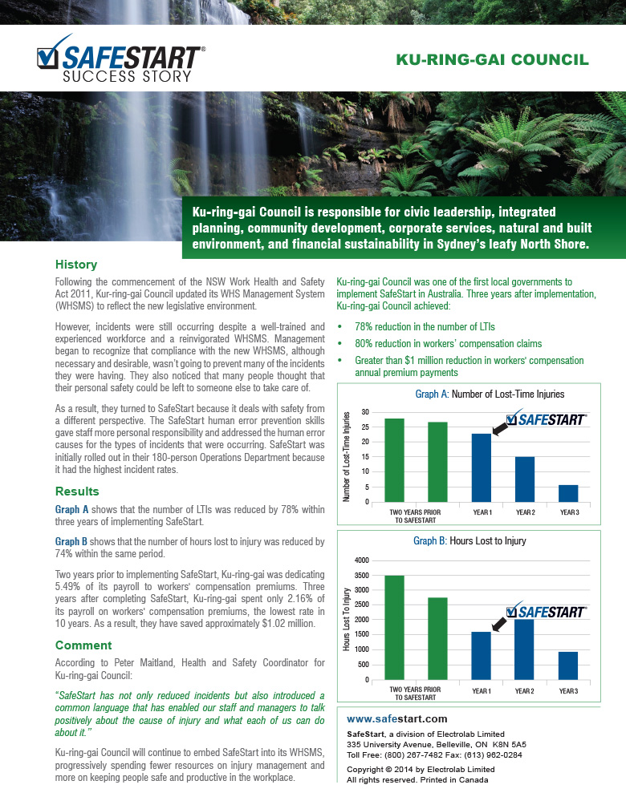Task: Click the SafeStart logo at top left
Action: (x=120, y=61)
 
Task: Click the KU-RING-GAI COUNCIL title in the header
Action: (x=493, y=60)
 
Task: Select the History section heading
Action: (x=76, y=265)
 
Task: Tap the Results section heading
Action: (x=77, y=491)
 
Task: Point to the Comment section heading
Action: (x=83, y=645)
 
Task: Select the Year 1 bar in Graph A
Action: (x=482, y=467)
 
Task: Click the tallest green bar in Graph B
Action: (x=395, y=627)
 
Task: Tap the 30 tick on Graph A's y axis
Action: (x=365, y=412)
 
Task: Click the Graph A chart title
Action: (x=490, y=394)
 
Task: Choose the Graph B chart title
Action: (x=469, y=541)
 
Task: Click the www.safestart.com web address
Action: (x=396, y=718)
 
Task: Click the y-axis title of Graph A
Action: (x=347, y=456)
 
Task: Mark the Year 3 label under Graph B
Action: (x=568, y=690)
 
